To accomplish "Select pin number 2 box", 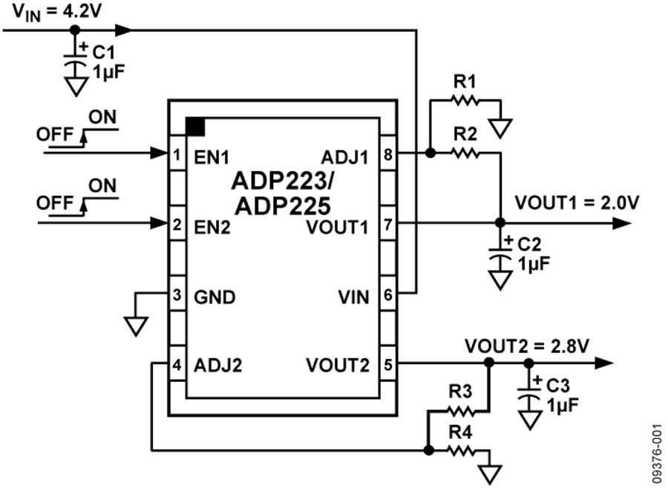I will click(x=177, y=223).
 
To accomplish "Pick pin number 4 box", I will click(x=177, y=364).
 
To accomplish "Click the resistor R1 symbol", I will click(x=465, y=100).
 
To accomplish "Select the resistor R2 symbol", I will click(x=465, y=153).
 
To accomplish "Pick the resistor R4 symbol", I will click(x=462, y=449).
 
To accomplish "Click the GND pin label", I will click(x=215, y=297).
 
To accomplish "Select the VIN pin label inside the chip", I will click(x=354, y=297).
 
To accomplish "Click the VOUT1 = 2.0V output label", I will click(x=576, y=202).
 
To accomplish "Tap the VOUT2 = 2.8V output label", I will click(x=528, y=346).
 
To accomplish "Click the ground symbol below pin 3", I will click(x=137, y=324).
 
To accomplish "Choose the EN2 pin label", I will click(x=212, y=226).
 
